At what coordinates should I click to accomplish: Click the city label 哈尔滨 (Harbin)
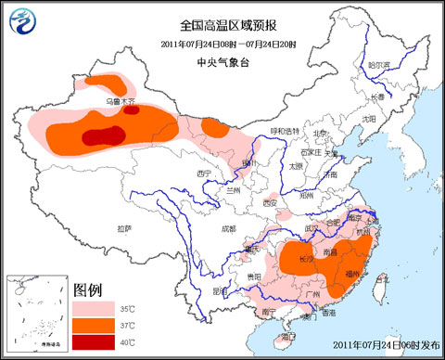pos(379,66)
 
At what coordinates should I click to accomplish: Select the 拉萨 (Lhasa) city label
pos(124,227)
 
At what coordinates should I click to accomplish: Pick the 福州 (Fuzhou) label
pos(353,275)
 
